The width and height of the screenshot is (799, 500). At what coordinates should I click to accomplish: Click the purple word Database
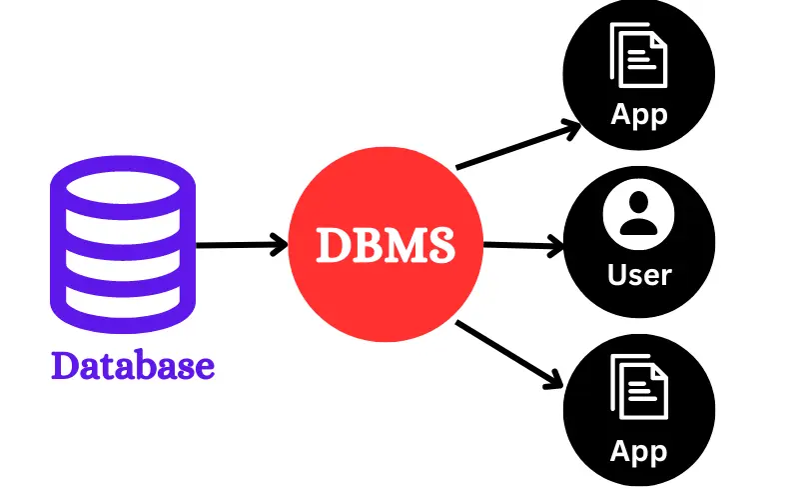point(133,366)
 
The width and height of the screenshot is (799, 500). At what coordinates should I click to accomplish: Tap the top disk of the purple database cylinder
point(123,185)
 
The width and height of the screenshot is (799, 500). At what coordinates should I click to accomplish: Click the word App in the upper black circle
point(639,114)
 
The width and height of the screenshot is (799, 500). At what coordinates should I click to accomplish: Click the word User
point(639,273)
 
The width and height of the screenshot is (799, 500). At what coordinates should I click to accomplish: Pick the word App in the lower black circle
point(639,451)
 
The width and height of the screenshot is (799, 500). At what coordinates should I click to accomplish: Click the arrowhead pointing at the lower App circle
point(552,377)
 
